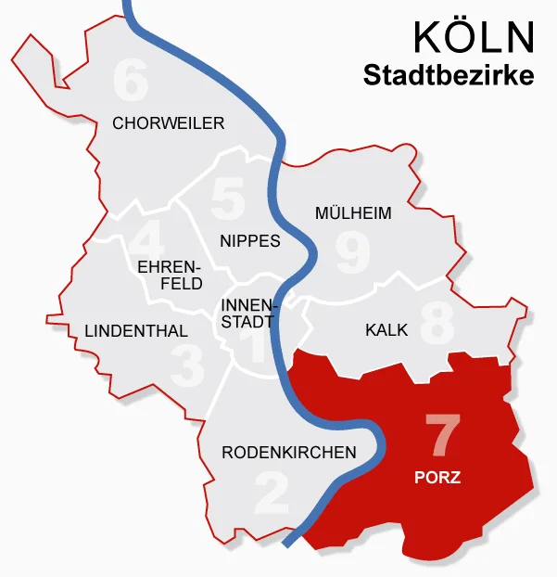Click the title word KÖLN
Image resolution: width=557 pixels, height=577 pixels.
point(474,37)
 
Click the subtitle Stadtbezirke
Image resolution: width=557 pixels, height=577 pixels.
point(449,75)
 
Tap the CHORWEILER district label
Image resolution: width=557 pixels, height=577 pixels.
point(168,122)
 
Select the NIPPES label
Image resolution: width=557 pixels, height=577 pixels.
point(250,240)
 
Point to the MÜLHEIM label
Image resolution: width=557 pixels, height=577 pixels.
point(353,212)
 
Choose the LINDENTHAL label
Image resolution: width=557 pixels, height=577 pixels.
point(135,330)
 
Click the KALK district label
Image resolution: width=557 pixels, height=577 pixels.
point(386,329)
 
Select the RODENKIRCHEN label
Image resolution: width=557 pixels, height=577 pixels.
point(289,453)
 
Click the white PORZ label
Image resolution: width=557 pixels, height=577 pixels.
point(437,479)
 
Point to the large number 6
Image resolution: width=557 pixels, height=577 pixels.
point(131,82)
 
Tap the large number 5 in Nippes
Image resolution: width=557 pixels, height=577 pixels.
point(227,198)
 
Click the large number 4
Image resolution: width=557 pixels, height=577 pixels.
point(146,239)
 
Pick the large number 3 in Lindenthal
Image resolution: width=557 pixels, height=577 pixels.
point(188,365)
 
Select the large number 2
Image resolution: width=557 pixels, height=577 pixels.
point(272,493)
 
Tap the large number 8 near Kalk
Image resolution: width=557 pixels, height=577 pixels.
point(437,322)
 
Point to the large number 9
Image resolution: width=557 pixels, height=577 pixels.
point(352,252)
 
